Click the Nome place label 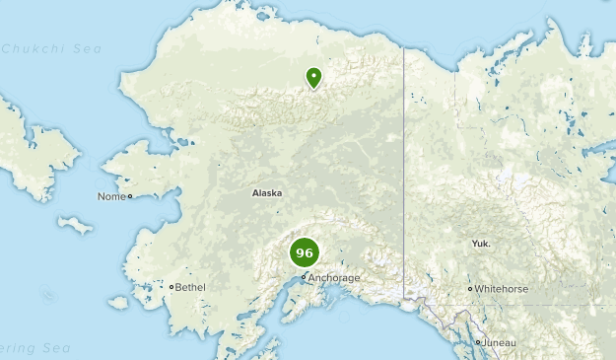click(110, 196)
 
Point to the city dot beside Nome click(129, 196)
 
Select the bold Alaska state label click(267, 193)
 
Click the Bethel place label click(191, 287)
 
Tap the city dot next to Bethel click(171, 287)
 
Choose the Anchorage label click(334, 278)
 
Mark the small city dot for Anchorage click(304, 277)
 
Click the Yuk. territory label click(481, 243)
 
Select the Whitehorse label click(502, 289)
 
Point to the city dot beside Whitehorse click(470, 289)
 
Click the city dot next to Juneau click(479, 342)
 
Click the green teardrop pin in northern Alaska click(313, 77)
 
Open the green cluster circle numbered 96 click(305, 252)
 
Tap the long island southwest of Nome click(75, 225)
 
